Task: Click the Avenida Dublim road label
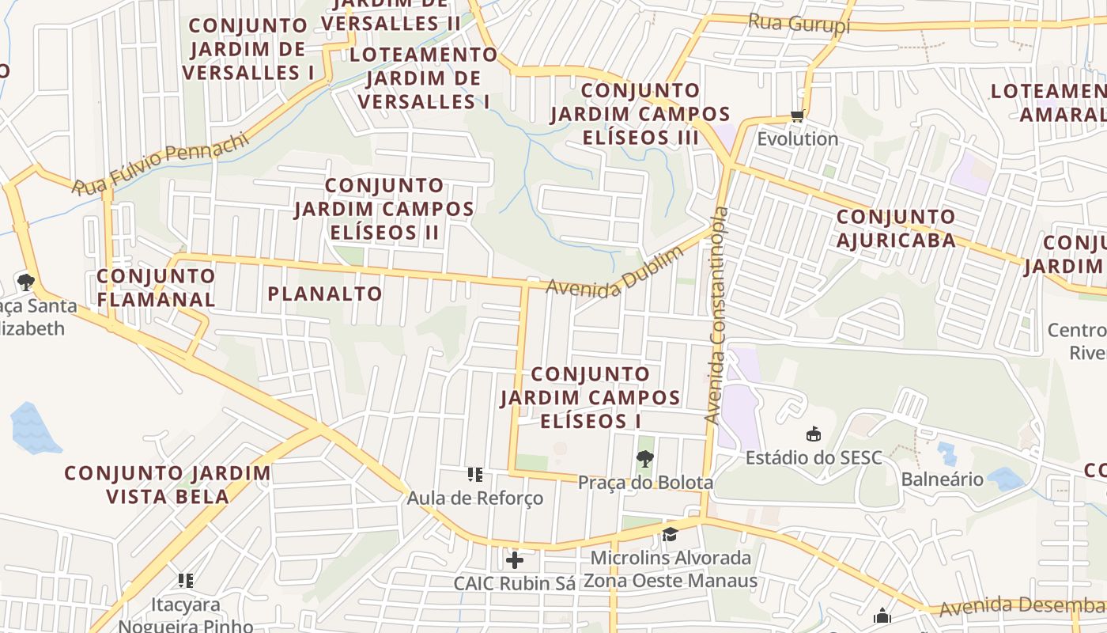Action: pyautogui.click(x=614, y=273)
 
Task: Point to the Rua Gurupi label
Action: pyautogui.click(x=799, y=23)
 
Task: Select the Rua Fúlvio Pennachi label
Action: pyautogui.click(x=160, y=163)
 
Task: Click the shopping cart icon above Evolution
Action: pyautogui.click(x=797, y=116)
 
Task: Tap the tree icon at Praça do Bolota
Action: pyautogui.click(x=645, y=458)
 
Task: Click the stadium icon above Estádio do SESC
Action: pyautogui.click(x=813, y=434)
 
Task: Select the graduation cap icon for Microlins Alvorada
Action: pyautogui.click(x=671, y=535)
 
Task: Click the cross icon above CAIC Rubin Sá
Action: pyautogui.click(x=515, y=561)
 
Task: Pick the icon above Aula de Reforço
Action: pyautogui.click(x=474, y=475)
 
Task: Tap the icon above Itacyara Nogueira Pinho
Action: pyautogui.click(x=186, y=582)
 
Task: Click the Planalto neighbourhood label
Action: pyautogui.click(x=325, y=294)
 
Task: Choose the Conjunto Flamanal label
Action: pyautogui.click(x=156, y=288)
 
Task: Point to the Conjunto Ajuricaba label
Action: pyautogui.click(x=896, y=228)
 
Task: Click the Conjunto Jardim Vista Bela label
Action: pyautogui.click(x=168, y=485)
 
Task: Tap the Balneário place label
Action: pyautogui.click(x=943, y=479)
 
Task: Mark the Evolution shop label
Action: pyautogui.click(x=797, y=139)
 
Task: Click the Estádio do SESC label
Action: pyautogui.click(x=814, y=458)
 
